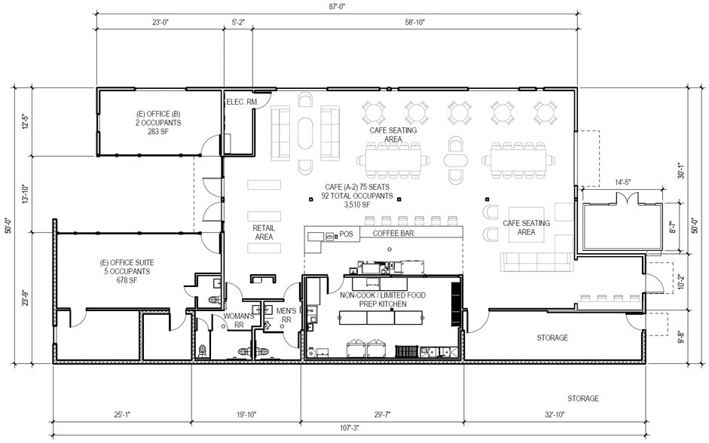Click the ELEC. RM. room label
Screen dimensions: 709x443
tap(243, 102)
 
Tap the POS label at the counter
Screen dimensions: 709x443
tap(346, 234)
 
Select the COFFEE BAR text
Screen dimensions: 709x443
tap(393, 234)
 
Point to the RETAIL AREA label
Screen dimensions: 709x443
tap(264, 232)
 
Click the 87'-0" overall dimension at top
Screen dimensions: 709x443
tap(338, 6)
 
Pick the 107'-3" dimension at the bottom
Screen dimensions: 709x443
tap(349, 427)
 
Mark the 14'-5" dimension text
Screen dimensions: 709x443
tap(622, 182)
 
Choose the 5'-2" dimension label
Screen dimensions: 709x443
tap(238, 22)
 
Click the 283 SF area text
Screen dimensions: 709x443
tap(158, 132)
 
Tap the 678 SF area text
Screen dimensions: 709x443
tap(127, 280)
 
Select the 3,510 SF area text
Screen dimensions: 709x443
tap(357, 205)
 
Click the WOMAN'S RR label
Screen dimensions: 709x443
tap(239, 320)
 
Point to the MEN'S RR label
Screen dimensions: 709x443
tap(286, 315)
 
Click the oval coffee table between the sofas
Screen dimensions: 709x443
tap(305, 133)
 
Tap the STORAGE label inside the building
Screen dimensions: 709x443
tap(552, 338)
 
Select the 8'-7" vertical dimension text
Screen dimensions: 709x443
tap(674, 227)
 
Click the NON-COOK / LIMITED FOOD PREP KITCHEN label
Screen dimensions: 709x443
tap(383, 300)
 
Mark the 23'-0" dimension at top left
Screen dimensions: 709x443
tap(160, 22)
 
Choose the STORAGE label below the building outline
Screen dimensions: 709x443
tap(583, 399)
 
